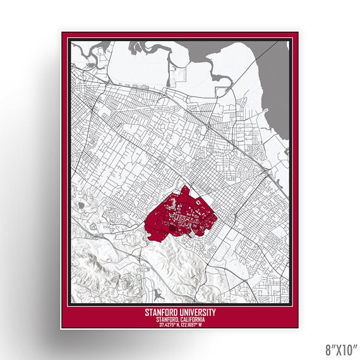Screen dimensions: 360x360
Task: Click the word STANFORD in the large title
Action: (x=162, y=313)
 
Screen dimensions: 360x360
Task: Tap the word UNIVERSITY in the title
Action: (x=198, y=313)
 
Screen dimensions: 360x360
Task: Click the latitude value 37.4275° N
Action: (x=165, y=325)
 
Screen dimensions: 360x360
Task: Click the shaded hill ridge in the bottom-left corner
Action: (x=95, y=259)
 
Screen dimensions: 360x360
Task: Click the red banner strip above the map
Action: (x=177, y=36)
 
